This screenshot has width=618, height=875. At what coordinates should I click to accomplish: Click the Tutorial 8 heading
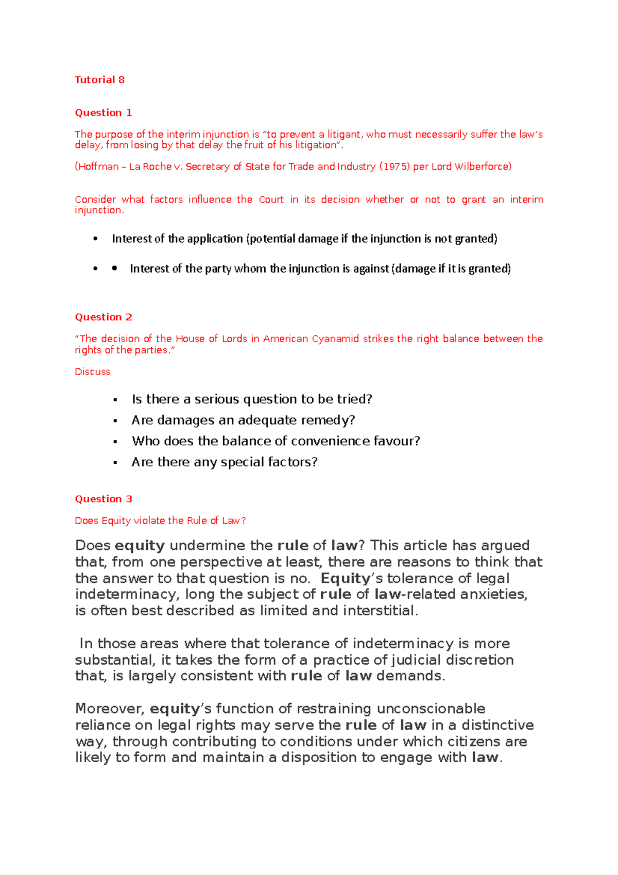pyautogui.click(x=99, y=80)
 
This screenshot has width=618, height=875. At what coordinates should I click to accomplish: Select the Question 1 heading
pyautogui.click(x=103, y=113)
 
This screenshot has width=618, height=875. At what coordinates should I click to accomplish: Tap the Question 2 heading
pyautogui.click(x=103, y=317)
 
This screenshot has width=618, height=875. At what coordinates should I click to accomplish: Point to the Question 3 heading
pyautogui.click(x=103, y=499)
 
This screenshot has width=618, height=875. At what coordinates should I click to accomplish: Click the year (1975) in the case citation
pyautogui.click(x=394, y=166)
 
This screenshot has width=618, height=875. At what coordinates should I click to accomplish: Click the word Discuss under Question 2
pyautogui.click(x=92, y=372)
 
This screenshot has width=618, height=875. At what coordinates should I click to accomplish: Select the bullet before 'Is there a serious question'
pyautogui.click(x=115, y=400)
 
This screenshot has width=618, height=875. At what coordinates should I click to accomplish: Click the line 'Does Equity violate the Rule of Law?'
pyautogui.click(x=160, y=520)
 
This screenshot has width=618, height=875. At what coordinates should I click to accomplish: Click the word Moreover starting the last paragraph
pyautogui.click(x=110, y=709)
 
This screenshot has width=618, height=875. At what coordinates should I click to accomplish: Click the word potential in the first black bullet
pyautogui.click(x=272, y=239)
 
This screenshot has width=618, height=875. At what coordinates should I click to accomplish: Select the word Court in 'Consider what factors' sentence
pyautogui.click(x=271, y=199)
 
